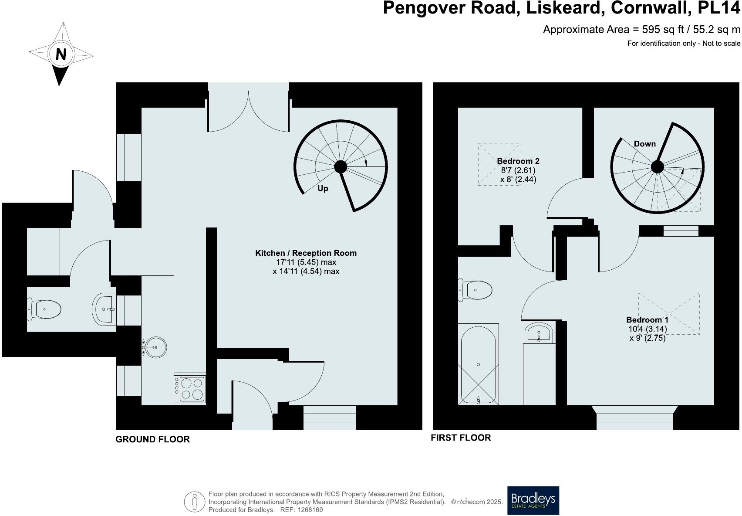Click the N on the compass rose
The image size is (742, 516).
point(61,54)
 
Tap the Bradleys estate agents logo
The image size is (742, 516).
point(533,500)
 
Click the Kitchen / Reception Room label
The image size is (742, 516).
point(306,253)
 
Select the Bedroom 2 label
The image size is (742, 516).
point(518,161)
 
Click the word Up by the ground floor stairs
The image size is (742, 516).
point(323,189)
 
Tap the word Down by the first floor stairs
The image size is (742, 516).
point(644,144)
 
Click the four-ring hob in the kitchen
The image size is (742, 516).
point(190,389)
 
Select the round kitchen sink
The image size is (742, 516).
point(155,347)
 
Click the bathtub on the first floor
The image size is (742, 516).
point(478,365)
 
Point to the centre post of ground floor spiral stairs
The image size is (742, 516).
point(341,166)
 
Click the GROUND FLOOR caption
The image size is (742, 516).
point(152,439)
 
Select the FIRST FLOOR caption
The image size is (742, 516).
point(461,438)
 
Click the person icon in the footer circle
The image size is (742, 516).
point(195,502)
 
